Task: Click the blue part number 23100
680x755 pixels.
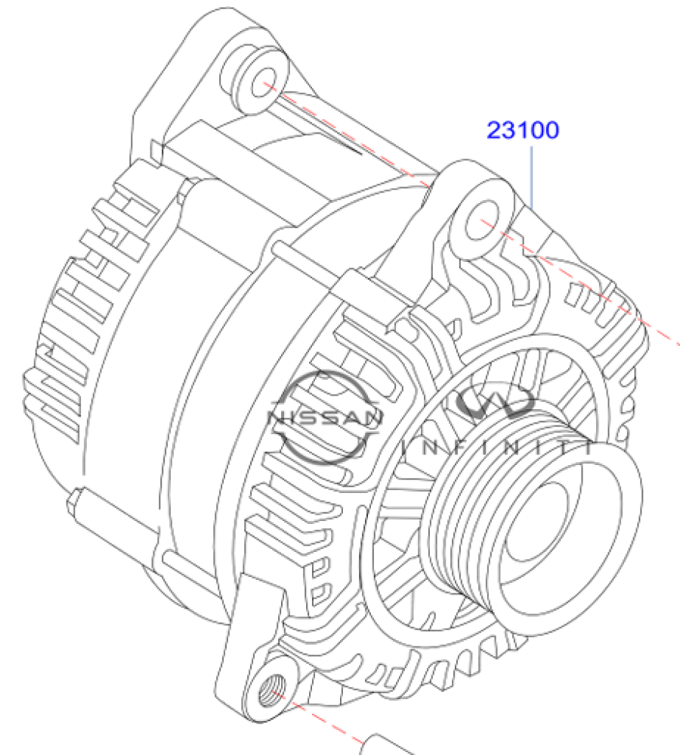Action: [523, 130]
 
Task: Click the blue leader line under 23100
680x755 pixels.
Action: [532, 177]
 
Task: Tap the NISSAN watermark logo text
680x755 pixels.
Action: [324, 417]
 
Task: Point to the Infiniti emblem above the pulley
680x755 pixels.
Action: [496, 402]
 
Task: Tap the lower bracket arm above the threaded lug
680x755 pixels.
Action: [251, 636]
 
